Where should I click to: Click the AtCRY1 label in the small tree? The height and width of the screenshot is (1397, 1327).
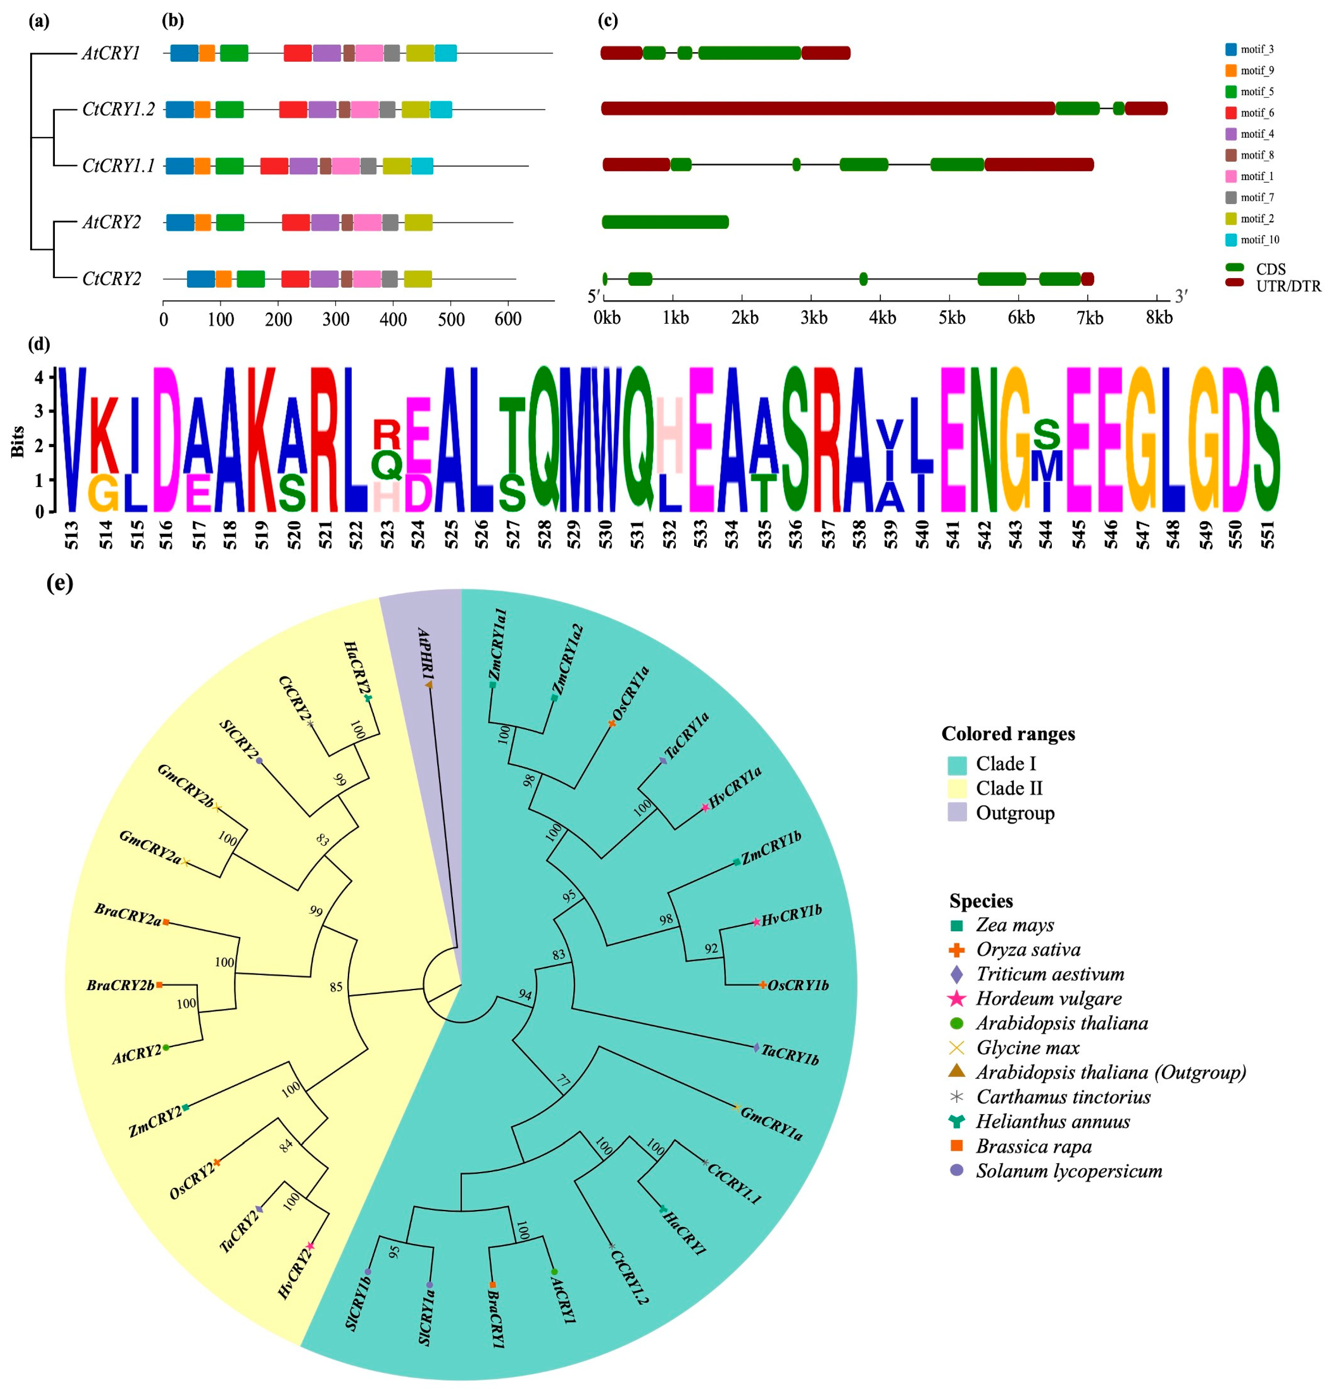[x=111, y=54]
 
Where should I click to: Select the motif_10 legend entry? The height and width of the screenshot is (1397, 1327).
[x=1259, y=240]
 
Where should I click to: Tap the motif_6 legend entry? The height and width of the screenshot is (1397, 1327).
[x=1257, y=112]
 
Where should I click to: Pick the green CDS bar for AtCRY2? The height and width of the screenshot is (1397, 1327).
[x=665, y=222]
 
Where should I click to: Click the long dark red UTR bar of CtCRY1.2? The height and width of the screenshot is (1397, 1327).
[x=828, y=108]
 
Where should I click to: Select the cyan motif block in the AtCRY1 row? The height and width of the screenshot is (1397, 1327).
[x=446, y=53]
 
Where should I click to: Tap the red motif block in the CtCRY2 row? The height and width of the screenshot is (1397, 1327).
[x=295, y=278]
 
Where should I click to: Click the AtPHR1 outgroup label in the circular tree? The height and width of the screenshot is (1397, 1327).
[x=426, y=654]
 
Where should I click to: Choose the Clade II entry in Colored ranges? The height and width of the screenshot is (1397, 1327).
[x=1009, y=788]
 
